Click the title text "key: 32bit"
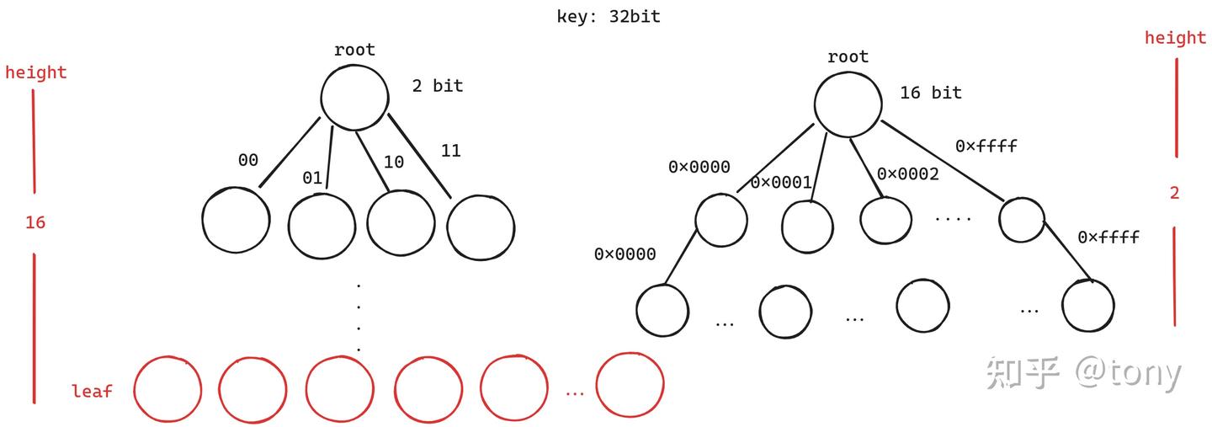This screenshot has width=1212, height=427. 609,16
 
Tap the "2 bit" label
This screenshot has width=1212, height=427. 437,85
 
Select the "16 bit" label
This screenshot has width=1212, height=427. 930,93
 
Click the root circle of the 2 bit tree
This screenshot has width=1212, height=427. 354,97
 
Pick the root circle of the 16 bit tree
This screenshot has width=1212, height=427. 848,104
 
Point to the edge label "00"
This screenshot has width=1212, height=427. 247,159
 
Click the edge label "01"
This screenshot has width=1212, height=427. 312,177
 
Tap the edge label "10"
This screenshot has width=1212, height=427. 394,161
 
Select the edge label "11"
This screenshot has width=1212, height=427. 450,151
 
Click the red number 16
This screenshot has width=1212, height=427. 35,222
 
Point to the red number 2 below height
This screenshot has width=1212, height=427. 1174,193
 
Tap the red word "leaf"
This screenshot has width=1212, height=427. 92,391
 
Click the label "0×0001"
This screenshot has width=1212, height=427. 781,182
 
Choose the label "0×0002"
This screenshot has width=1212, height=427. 907,173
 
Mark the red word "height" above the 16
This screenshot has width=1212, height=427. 35,72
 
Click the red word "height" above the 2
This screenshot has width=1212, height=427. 1175,38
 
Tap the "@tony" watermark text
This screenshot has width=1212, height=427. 1128,372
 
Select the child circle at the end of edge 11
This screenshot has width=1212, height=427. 481,227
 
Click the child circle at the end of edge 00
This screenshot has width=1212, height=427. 236,221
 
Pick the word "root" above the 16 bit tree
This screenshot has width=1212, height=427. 848,57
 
